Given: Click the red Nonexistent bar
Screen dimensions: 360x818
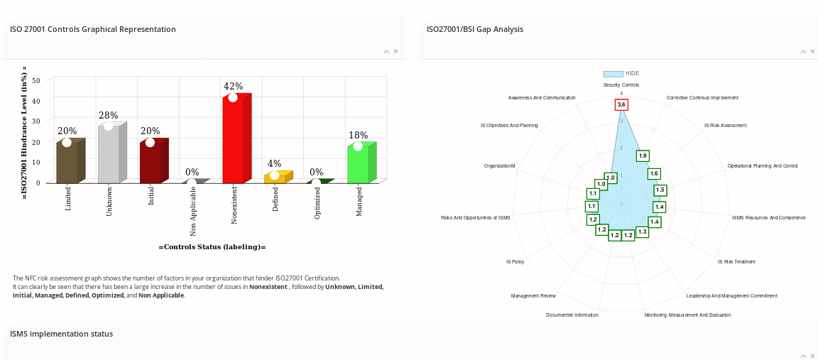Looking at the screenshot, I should click(x=234, y=140).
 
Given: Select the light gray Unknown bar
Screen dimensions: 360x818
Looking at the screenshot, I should click(x=109, y=155).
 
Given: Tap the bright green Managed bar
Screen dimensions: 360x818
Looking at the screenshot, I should click(x=358, y=165).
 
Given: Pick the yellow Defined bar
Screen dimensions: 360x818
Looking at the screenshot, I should click(x=275, y=178).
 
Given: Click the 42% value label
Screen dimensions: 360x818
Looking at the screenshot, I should click(x=233, y=87).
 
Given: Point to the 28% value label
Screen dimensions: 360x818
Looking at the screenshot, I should click(x=109, y=116).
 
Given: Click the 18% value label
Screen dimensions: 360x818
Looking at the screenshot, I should click(x=358, y=136).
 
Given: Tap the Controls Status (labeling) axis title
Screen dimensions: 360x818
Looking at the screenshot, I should click(x=212, y=247).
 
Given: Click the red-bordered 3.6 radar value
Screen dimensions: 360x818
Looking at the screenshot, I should click(x=621, y=105).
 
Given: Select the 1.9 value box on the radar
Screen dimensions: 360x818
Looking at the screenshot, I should click(x=643, y=156).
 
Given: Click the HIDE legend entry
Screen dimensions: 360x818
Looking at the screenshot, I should click(x=621, y=73).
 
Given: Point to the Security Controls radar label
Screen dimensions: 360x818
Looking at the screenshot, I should click(x=621, y=85).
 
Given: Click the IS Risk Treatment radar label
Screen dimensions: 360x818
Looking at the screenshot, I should click(x=736, y=262).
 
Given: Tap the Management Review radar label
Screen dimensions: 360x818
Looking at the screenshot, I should click(x=533, y=296).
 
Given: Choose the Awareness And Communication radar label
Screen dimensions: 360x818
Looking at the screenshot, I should click(x=542, y=98).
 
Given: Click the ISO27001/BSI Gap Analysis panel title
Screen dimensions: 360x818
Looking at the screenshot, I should click(x=474, y=29).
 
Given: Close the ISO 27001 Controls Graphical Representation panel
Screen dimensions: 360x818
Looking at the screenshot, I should click(x=396, y=51).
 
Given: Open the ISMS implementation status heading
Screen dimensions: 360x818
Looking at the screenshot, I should click(x=61, y=334).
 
